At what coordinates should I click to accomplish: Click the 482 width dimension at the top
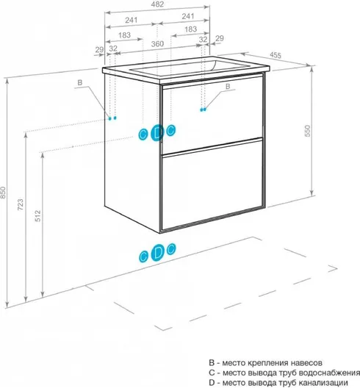tap(157, 4)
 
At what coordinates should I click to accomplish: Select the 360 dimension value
tap(157, 44)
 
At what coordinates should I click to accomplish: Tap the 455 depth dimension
tap(276, 55)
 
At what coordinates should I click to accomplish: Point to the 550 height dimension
tap(307, 131)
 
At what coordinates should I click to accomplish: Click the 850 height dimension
tap(2, 193)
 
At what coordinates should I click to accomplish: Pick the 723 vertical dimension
tap(21, 204)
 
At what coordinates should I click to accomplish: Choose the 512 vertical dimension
tap(37, 215)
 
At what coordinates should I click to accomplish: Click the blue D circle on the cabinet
tap(157, 132)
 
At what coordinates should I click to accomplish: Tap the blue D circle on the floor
tap(157, 252)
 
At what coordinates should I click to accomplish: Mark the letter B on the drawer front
tap(228, 87)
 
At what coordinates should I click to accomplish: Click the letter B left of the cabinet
tap(79, 82)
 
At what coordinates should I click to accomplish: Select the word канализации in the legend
tap(326, 382)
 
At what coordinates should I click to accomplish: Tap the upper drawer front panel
tap(212, 115)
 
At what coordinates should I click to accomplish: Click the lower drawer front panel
tap(212, 185)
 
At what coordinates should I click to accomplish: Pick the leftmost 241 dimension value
tap(131, 20)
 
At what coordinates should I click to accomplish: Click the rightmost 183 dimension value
tap(190, 29)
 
